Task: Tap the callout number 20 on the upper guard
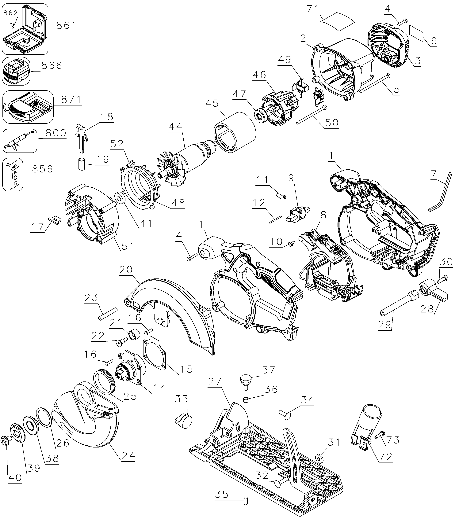pyautogui.click(x=126, y=270)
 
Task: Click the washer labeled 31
pyautogui.click(x=318, y=458)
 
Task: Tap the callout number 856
pyautogui.click(x=42, y=169)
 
